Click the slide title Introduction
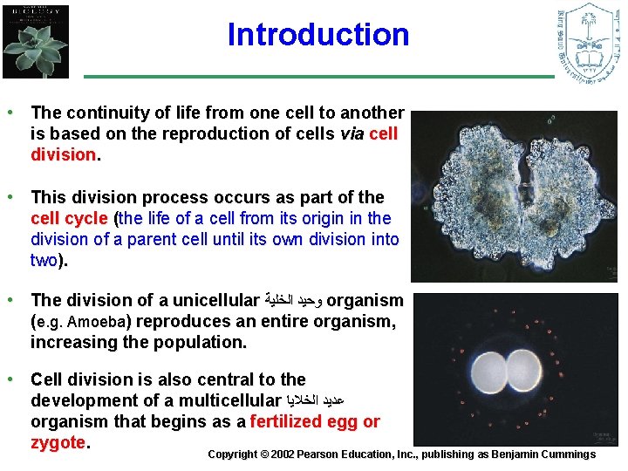[x=317, y=35]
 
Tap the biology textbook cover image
[x=36, y=41]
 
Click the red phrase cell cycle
[x=69, y=218]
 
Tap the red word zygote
[x=57, y=443]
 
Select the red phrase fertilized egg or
[x=315, y=422]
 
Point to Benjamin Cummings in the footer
[x=549, y=454]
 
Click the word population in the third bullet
[x=202, y=343]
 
